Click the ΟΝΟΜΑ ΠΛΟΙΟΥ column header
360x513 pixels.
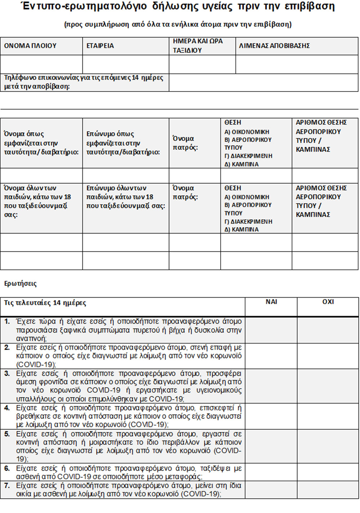(31, 46)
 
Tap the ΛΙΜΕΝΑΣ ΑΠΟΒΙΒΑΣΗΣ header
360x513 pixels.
(274, 46)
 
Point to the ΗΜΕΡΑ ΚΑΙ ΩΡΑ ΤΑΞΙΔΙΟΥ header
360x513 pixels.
(198, 46)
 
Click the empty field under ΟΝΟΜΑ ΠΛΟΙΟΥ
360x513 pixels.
(41, 64)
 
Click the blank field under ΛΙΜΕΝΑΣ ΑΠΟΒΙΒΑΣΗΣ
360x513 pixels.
(297, 64)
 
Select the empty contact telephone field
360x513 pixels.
(263, 82)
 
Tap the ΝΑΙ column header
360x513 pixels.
(271, 302)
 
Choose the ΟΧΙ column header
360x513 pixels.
(328, 302)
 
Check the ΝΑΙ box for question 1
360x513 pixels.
(271, 330)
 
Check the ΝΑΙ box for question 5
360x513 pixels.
(271, 446)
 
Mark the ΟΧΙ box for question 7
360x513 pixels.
(328, 490)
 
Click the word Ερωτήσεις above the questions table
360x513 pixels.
(21, 284)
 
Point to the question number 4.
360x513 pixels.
(7, 408)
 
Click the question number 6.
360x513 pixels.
(7, 468)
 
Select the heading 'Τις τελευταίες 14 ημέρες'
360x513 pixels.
(45, 303)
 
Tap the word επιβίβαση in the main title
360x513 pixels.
(309, 6)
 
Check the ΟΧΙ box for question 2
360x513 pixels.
(328, 356)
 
